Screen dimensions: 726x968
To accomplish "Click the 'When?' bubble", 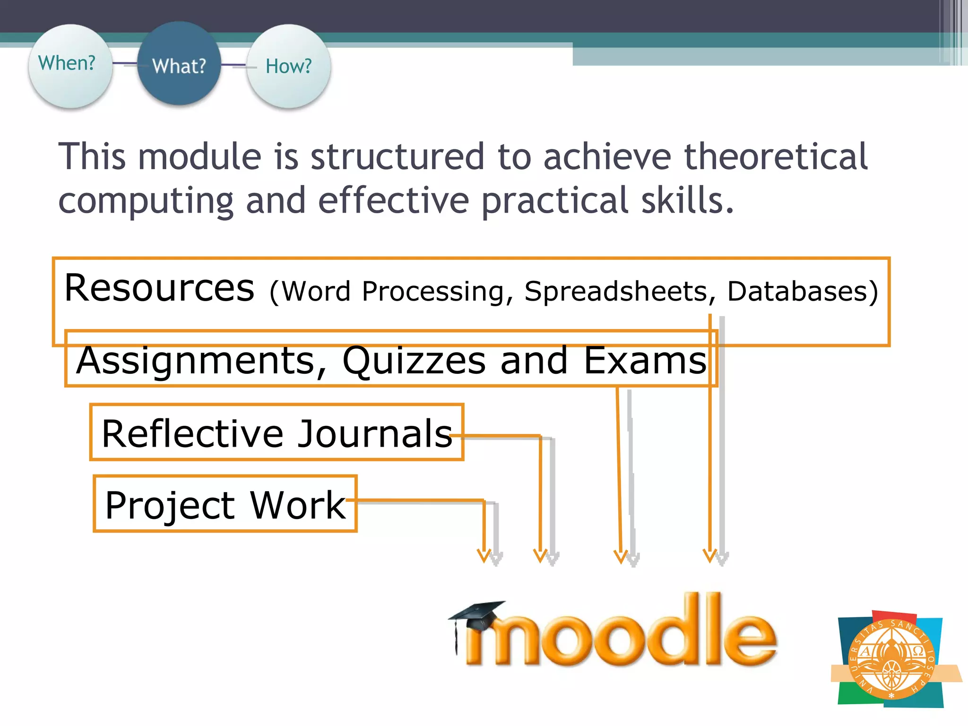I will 70,65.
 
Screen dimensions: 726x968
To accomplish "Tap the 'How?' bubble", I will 288,66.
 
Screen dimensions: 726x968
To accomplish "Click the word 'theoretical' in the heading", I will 776,156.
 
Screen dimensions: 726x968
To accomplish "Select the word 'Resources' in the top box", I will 159,288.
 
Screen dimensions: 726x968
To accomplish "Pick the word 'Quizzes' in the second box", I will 414,361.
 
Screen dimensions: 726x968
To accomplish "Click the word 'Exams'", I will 645,360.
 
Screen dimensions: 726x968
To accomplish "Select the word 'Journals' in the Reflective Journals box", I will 375,434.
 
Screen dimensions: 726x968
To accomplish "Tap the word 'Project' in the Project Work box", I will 170,506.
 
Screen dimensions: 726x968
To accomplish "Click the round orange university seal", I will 890,660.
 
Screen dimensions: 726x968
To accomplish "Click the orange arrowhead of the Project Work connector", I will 484,555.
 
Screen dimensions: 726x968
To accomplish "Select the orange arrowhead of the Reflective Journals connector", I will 540,555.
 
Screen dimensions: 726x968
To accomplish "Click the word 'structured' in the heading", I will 397,156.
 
